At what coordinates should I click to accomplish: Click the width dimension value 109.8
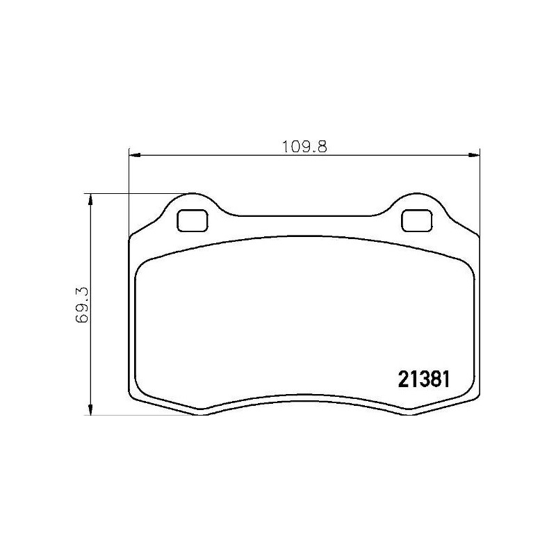pos(304,147)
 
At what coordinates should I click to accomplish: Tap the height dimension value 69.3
pos(82,304)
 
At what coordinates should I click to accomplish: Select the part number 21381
pos(424,379)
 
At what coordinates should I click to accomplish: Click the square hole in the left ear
pos(193,220)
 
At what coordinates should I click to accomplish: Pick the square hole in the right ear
pos(416,220)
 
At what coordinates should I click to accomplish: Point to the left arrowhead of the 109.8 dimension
pos(135,155)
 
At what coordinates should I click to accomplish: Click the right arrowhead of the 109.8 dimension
pos(474,155)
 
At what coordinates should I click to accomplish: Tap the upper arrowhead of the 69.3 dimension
pos(90,199)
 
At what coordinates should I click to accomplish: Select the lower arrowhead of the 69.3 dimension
pos(90,409)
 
